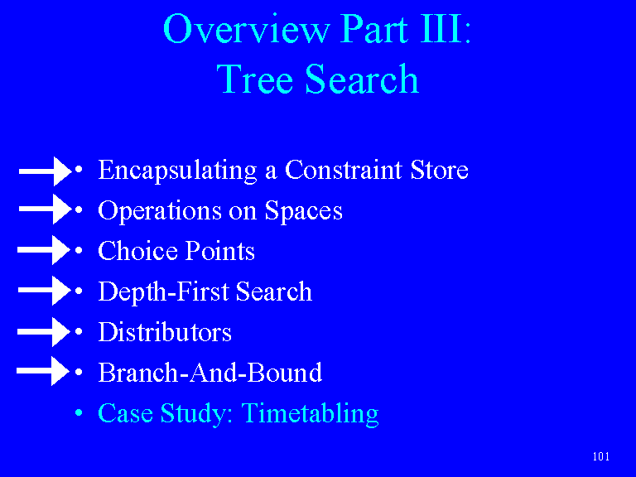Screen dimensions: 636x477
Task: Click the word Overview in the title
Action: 246,28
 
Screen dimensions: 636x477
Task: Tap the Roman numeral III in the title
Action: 441,28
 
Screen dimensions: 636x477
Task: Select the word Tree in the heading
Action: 254,79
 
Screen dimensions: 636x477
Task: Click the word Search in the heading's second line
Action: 362,79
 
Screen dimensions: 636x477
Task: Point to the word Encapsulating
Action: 178,171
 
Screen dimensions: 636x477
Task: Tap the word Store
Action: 439,170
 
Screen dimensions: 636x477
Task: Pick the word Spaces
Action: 303,211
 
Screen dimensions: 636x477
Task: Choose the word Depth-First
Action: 163,291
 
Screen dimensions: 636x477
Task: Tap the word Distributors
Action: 165,332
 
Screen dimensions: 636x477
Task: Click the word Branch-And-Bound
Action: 210,373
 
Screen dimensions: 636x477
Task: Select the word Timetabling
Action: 310,414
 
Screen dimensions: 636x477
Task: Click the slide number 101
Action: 600,457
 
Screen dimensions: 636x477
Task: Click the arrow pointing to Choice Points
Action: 44,250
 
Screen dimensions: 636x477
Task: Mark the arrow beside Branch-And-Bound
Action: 43,371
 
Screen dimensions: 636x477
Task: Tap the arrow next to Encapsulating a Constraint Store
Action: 46,171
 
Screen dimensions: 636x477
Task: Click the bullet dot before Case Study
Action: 79,413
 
